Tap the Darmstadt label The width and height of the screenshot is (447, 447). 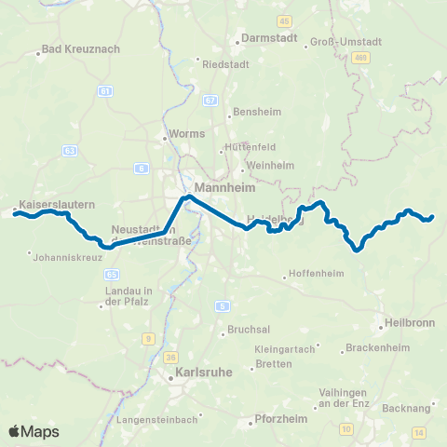click(x=269, y=38)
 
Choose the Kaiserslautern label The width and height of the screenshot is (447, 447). click(x=50, y=203)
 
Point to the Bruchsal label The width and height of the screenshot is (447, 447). click(x=249, y=331)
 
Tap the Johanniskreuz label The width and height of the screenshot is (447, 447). click(x=58, y=251)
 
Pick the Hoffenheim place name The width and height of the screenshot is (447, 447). click(x=317, y=274)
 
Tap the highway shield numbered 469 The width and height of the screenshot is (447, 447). click(x=360, y=58)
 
